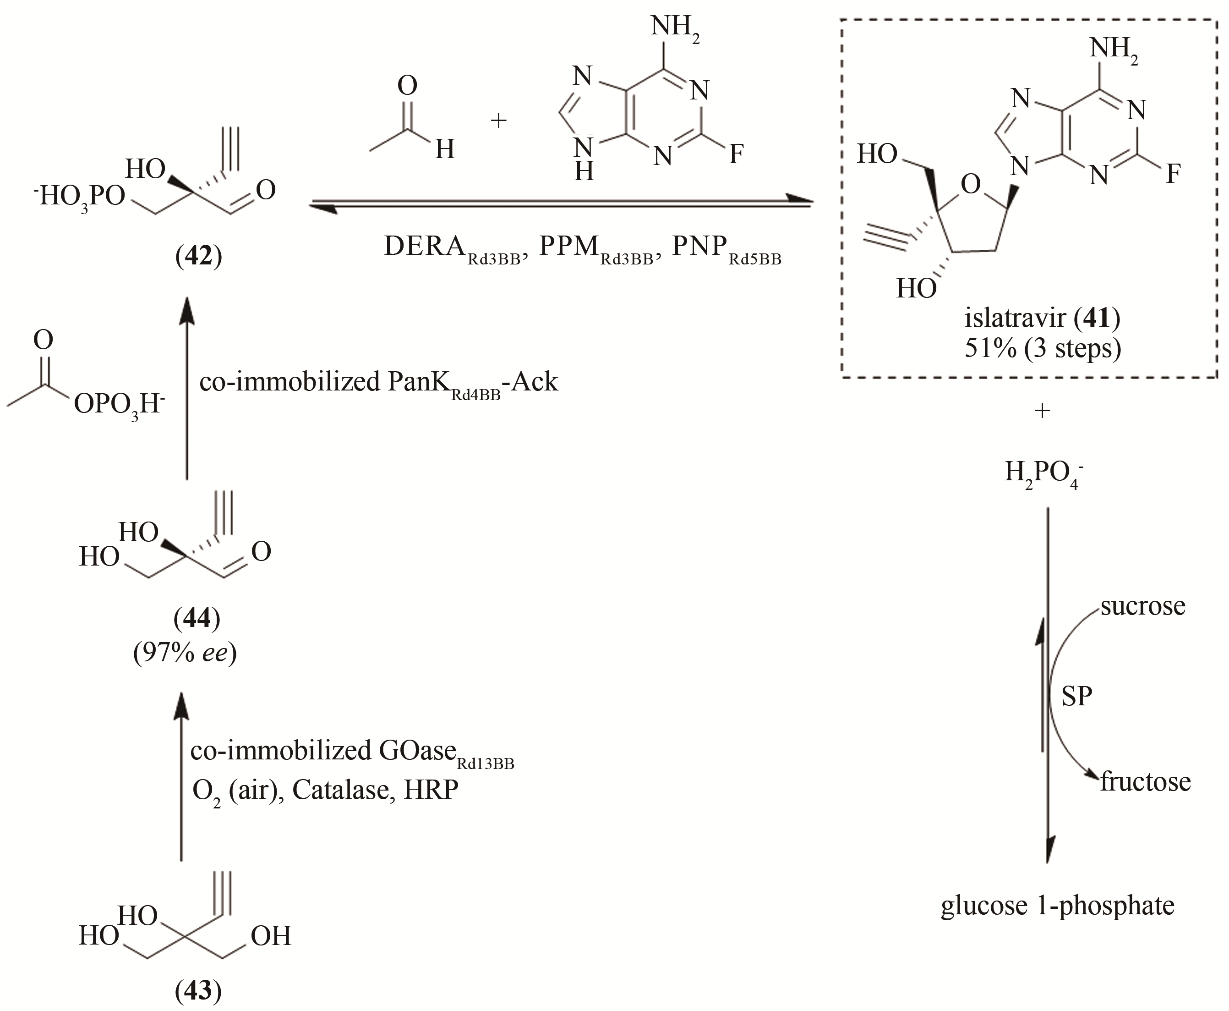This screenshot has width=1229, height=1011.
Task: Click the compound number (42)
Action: tap(198, 257)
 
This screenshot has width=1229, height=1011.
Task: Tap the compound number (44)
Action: tap(197, 619)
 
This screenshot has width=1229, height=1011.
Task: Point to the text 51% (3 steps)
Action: tap(1042, 348)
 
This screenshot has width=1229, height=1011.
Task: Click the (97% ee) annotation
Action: tap(185, 654)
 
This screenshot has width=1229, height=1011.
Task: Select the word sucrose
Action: tap(1142, 606)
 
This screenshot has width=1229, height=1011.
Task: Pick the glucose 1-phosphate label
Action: tap(1057, 922)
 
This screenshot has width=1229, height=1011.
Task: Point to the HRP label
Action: tap(431, 790)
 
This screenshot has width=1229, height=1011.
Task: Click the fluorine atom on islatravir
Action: tap(1173, 174)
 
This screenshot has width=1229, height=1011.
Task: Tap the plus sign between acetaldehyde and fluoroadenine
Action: tap(498, 121)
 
